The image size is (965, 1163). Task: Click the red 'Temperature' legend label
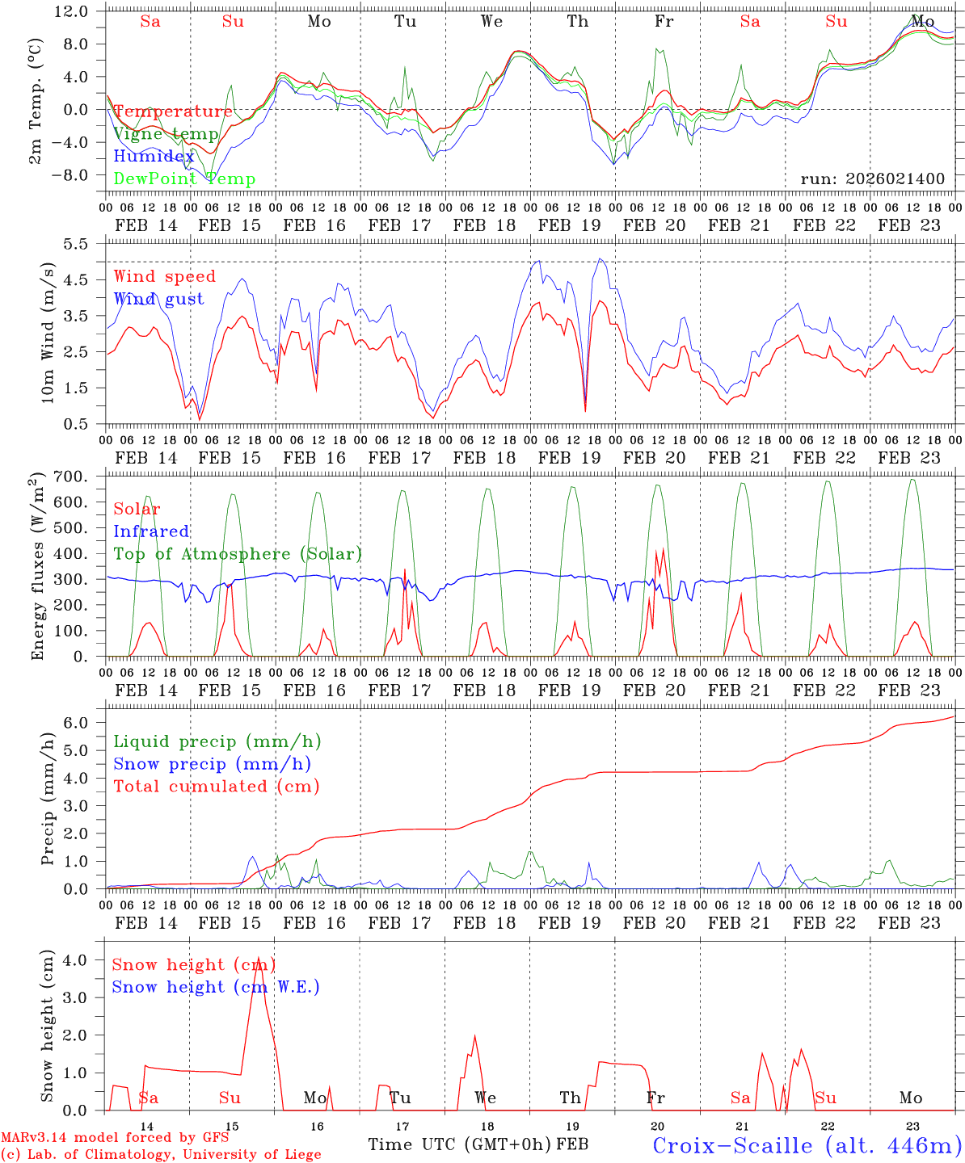(173, 111)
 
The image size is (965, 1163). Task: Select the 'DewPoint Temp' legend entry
(184, 179)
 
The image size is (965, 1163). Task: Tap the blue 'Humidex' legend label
(154, 157)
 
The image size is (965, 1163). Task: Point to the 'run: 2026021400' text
(872, 178)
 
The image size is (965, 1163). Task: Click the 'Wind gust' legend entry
(158, 299)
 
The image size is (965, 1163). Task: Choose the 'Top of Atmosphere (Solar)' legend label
(238, 554)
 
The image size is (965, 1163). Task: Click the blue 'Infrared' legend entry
(151, 531)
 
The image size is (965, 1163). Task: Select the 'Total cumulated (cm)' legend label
(217, 786)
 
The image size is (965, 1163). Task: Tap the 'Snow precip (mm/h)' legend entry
(212, 764)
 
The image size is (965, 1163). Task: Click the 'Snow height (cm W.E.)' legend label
(216, 987)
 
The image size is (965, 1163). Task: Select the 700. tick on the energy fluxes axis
(77, 477)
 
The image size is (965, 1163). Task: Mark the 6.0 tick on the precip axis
(84, 723)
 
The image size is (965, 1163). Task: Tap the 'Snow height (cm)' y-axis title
(47, 1026)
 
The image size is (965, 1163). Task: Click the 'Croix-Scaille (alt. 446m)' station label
(807, 1145)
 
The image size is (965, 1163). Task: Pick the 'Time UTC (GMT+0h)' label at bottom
(460, 1144)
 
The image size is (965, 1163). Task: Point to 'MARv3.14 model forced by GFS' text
(115, 1137)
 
